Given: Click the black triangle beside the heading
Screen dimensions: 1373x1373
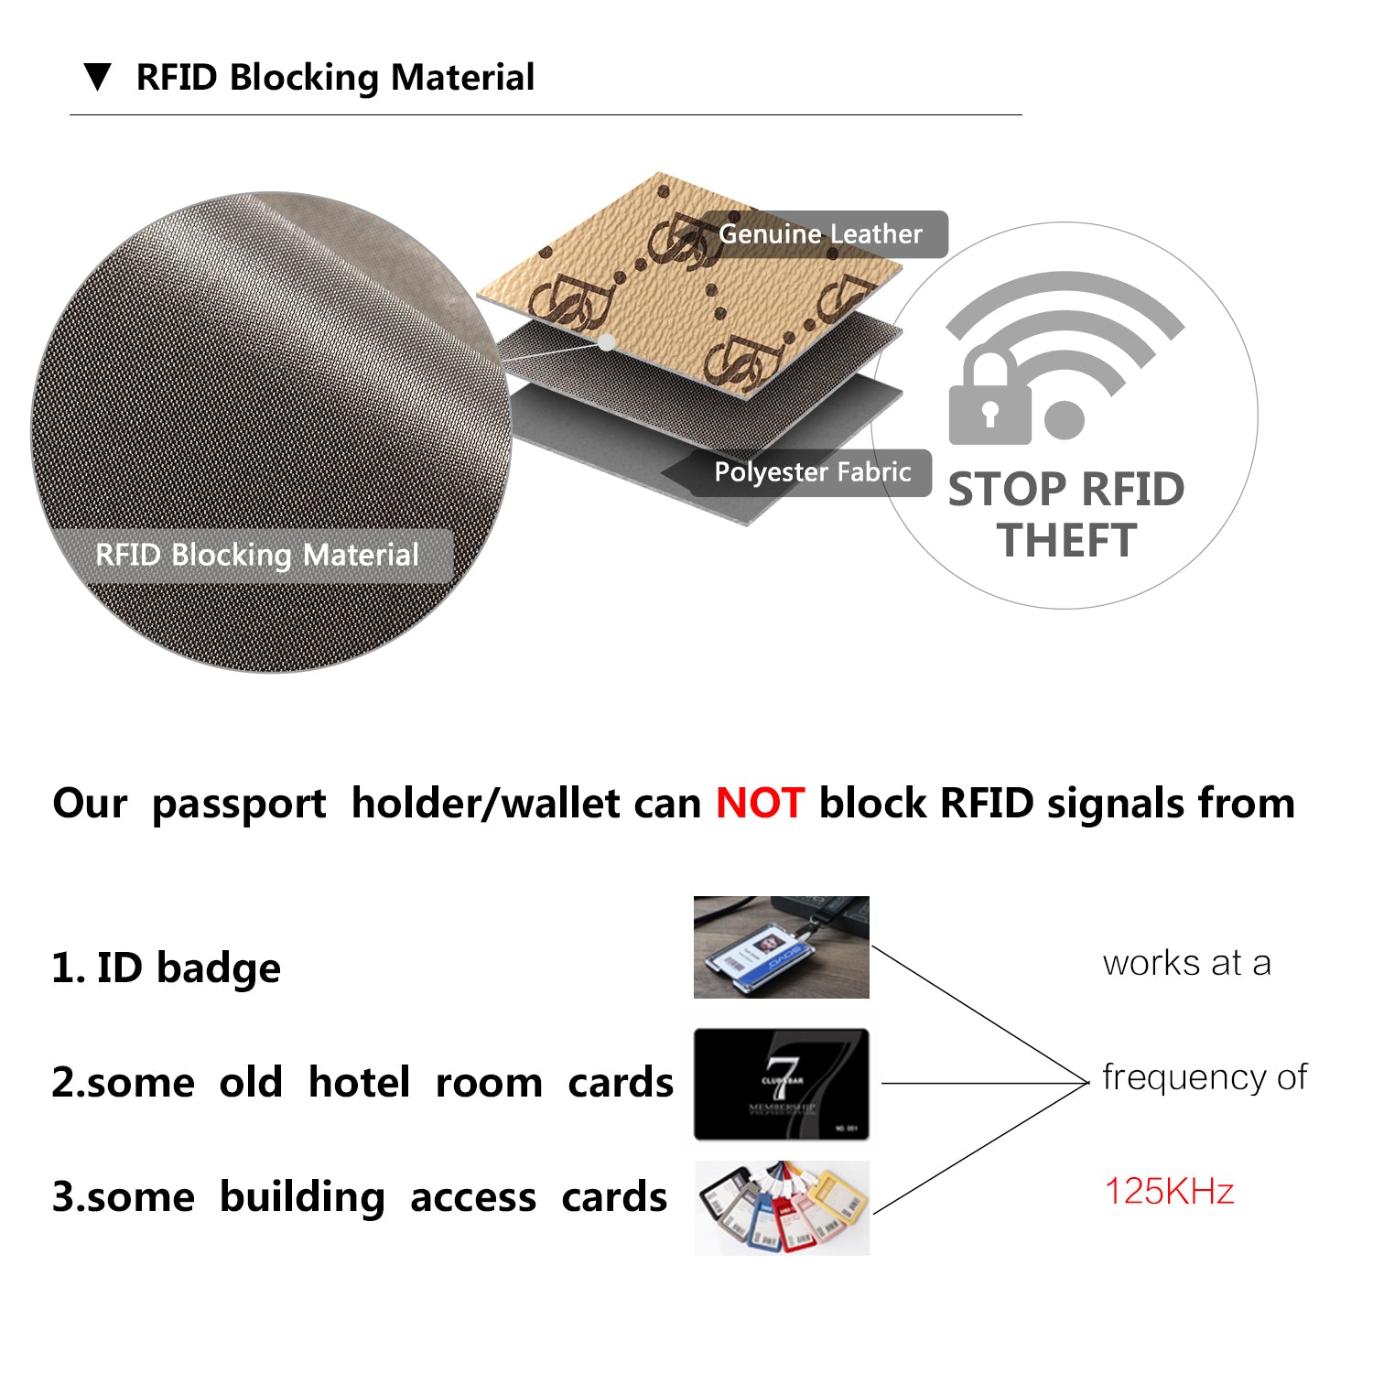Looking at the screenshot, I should tap(97, 77).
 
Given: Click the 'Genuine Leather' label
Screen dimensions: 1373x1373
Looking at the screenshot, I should tap(820, 234).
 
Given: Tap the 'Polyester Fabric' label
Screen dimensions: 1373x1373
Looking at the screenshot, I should tap(812, 472).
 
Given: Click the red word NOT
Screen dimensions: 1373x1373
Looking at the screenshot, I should tap(760, 804).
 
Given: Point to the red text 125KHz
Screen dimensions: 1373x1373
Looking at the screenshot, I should tap(1169, 1192).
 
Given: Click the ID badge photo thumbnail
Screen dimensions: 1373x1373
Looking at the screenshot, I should tap(781, 947).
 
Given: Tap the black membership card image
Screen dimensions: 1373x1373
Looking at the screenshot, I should tap(781, 1084).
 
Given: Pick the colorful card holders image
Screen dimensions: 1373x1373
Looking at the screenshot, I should tap(781, 1207).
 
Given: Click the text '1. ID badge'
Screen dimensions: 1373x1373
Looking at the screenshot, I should tap(166, 968).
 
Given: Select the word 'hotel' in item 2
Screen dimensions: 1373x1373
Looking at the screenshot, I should tap(359, 1083).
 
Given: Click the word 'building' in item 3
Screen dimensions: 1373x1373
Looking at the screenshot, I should tap(302, 1197).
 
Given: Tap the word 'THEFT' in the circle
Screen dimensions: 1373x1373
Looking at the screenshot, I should tap(1066, 540).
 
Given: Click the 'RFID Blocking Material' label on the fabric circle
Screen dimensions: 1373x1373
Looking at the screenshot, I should tap(256, 555).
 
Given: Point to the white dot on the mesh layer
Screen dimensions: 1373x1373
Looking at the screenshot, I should tap(606, 341).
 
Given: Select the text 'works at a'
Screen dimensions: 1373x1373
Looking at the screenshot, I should tap(1186, 963).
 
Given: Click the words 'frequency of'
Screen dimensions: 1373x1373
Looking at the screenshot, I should tap(1205, 1077).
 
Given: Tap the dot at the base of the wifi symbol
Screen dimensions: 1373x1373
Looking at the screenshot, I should tap(1064, 419).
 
